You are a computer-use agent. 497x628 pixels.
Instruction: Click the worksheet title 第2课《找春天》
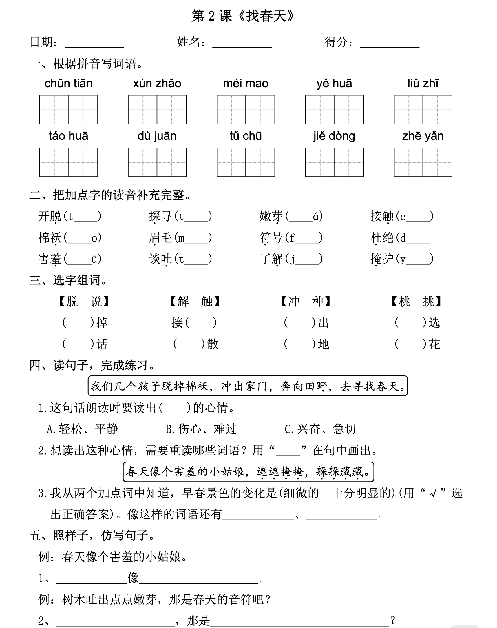243,16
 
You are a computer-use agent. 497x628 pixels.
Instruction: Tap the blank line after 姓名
242,44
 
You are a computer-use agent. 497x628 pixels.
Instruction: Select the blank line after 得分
389,44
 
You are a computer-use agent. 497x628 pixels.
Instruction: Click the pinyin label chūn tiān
68,84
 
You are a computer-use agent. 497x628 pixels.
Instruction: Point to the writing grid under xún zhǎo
157,110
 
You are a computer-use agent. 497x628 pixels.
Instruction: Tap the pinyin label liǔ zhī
423,84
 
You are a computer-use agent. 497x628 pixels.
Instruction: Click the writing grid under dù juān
157,162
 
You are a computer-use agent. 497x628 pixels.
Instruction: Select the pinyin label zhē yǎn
423,136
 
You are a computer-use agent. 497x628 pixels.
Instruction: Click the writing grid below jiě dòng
334,162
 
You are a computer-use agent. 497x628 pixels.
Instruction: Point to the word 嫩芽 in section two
271,216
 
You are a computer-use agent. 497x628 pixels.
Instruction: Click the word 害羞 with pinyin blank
50,259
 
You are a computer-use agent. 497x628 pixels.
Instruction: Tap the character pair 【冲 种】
306,302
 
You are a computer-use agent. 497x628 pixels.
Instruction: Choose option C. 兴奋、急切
320,429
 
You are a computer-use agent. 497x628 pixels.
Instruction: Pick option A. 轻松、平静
82,429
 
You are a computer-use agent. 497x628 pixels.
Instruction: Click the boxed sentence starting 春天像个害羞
248,472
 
